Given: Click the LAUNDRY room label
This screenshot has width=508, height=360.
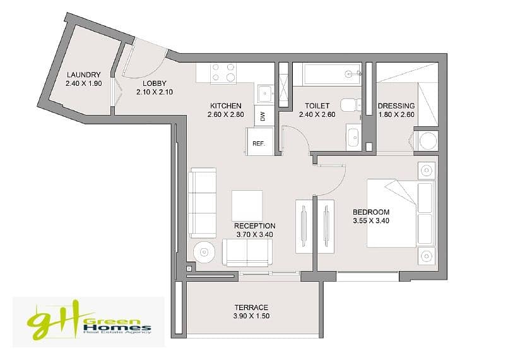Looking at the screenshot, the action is tap(83, 75).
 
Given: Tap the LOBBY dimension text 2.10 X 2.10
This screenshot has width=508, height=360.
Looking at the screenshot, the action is tap(155, 92).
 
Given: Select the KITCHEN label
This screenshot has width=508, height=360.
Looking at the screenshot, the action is tap(226, 105).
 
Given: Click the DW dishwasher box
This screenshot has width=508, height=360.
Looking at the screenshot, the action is tap(263, 116).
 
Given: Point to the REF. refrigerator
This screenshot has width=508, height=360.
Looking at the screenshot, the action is tap(259, 141).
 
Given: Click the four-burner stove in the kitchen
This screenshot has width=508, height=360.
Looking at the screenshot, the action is tap(223, 73).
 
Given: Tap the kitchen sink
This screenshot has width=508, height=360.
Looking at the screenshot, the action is tap(265, 93).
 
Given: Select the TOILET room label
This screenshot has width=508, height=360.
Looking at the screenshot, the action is tap(317, 105).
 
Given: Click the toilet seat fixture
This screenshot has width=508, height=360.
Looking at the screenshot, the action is tap(350, 105).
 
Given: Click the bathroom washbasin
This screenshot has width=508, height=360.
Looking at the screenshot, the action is tap(353, 137).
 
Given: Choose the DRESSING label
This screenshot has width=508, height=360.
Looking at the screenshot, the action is tap(396, 105).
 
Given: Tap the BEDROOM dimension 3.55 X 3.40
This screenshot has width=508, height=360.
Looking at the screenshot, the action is tap(371, 221).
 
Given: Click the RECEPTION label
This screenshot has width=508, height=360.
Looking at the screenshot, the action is tap(255, 225).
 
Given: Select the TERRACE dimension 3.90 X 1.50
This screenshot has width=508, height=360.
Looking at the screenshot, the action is tap(251, 316).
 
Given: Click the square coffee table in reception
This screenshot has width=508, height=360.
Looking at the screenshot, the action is tap(247, 206).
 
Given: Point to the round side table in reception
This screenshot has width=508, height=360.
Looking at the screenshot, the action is tap(204, 252).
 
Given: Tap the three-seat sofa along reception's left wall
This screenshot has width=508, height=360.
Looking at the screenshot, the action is tap(203, 203).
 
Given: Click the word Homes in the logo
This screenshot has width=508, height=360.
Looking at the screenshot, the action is tap(117, 327).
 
